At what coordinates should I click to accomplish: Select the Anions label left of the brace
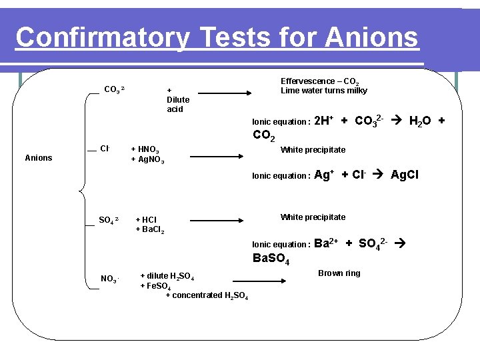(38, 158)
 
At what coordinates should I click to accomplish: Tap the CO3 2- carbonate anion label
(114, 89)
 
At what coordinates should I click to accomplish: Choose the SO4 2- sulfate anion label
(109, 220)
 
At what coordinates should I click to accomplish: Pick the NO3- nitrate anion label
(109, 278)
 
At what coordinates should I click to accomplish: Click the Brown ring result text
(339, 273)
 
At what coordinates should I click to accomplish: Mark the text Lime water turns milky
(323, 91)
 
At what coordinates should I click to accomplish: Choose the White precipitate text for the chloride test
(313, 150)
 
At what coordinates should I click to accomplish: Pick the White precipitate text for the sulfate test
(313, 217)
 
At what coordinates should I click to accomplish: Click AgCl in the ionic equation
(407, 175)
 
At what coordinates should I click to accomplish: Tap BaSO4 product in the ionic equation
(271, 259)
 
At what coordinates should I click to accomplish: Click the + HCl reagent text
(146, 220)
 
